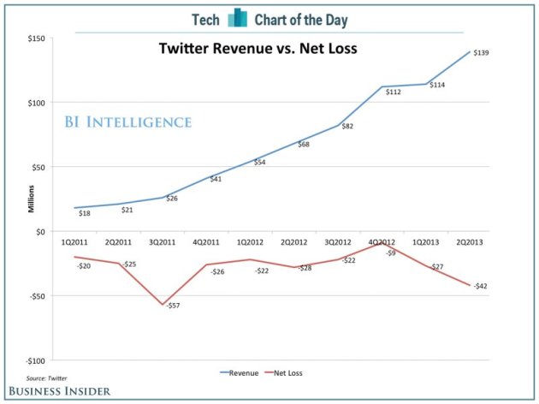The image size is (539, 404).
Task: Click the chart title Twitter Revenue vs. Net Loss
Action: click(258, 49)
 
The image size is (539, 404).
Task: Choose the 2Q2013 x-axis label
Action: click(470, 243)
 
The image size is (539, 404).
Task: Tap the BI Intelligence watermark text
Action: click(128, 122)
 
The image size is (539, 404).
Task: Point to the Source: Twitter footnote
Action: click(46, 377)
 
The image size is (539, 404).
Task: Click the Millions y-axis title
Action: click(30, 198)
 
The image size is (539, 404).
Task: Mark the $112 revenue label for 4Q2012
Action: click(394, 92)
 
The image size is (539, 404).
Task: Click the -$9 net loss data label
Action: click(390, 253)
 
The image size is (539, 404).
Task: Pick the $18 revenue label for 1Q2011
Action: click(85, 213)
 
